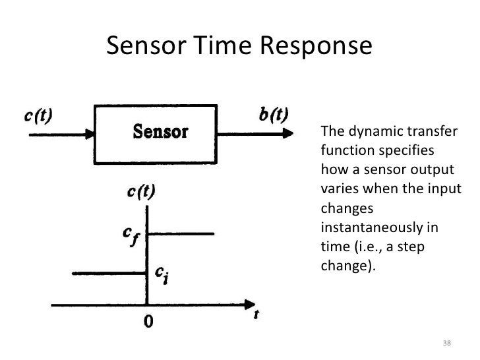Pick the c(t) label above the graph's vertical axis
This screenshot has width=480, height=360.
coord(140,193)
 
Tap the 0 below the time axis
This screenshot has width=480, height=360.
coord(149,322)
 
